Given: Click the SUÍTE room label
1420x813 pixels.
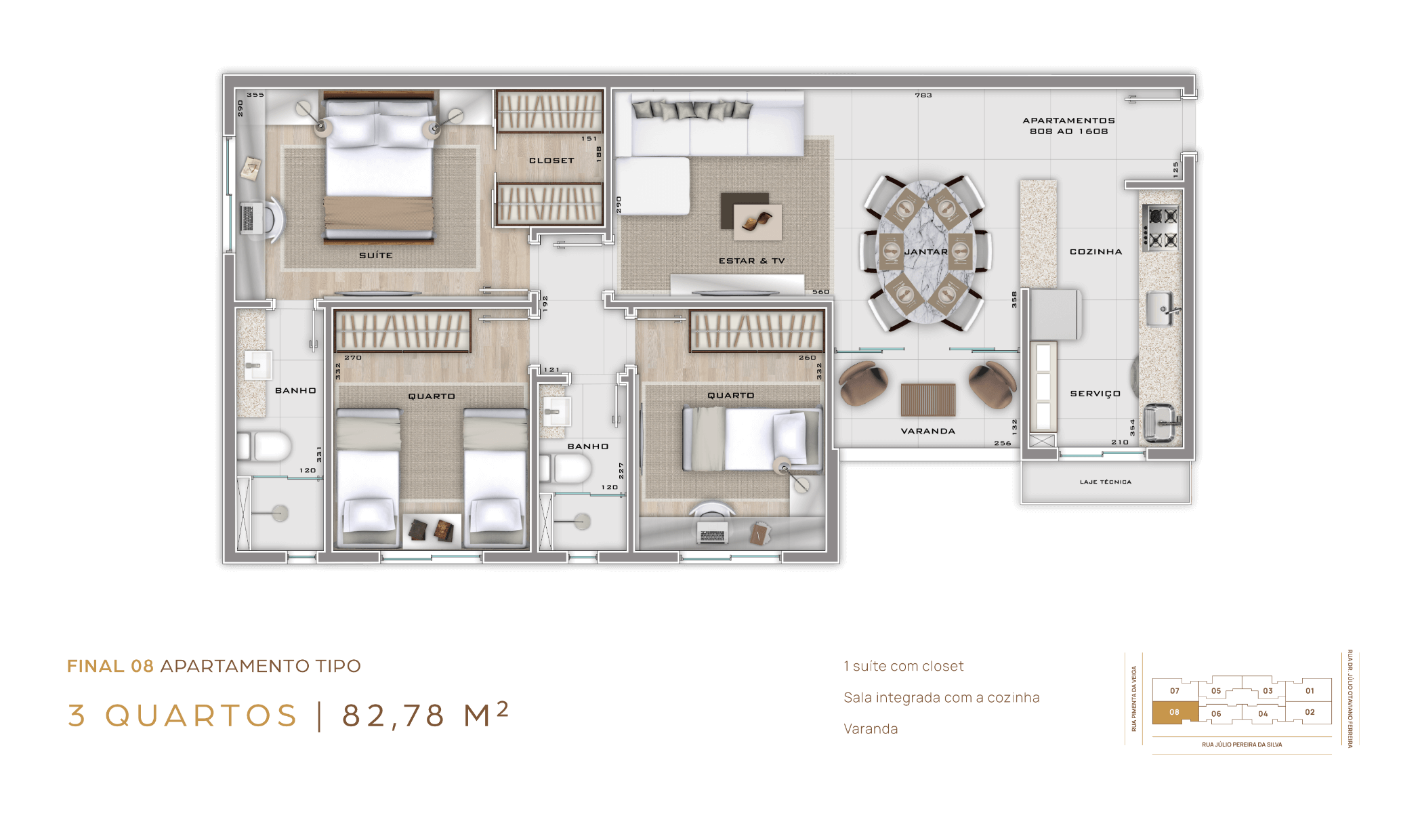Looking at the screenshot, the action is (376, 255).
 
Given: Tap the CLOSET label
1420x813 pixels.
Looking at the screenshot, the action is (551, 161).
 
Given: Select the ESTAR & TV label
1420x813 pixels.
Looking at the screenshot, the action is (751, 261).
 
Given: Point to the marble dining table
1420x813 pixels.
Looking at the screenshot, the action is (926, 252).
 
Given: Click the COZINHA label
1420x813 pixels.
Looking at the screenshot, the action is (1095, 252).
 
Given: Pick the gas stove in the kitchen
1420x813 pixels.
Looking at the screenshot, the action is (1161, 228).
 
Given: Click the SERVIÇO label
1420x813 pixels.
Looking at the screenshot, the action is (1095, 394).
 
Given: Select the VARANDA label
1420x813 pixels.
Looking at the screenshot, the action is (927, 431).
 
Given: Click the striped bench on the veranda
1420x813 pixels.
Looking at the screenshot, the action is (928, 400).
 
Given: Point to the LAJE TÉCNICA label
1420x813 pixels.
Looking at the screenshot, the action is (1106, 482).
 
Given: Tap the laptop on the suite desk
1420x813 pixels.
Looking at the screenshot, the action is (248, 217).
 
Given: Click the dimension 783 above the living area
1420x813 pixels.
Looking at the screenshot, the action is (923, 96).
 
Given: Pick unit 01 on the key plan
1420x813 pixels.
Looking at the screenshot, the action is (1310, 691).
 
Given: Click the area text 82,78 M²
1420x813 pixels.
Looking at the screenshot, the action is (425, 715).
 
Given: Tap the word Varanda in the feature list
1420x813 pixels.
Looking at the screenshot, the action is (871, 729).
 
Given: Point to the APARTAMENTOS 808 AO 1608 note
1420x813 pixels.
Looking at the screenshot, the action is (1068, 126).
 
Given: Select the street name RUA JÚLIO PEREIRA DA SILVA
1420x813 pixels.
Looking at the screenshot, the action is (1242, 745).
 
